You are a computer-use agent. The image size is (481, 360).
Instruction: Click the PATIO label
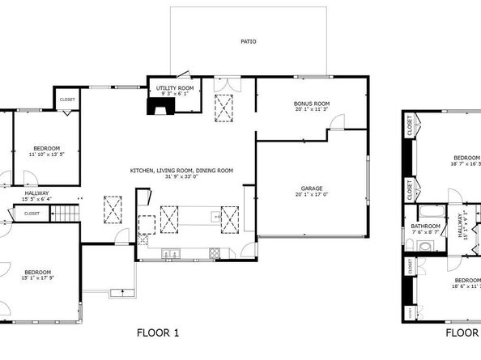[x=249, y=41]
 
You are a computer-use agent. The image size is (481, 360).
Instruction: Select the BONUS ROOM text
[x=311, y=103]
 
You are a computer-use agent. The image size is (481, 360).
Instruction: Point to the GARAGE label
[x=312, y=188]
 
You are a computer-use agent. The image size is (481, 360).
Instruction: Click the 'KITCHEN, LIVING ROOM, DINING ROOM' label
[x=181, y=170]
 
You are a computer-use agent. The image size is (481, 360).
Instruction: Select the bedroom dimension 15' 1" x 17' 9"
[x=37, y=278]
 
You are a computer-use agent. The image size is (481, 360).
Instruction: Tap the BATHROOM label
[x=425, y=226]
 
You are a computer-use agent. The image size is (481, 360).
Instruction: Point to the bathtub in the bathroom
[x=426, y=212]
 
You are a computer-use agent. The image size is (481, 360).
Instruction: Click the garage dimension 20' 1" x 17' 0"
[x=312, y=194]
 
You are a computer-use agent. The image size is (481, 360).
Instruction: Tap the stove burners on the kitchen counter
[x=214, y=252]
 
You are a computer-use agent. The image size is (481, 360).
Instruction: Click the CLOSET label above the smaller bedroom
[x=66, y=100]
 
